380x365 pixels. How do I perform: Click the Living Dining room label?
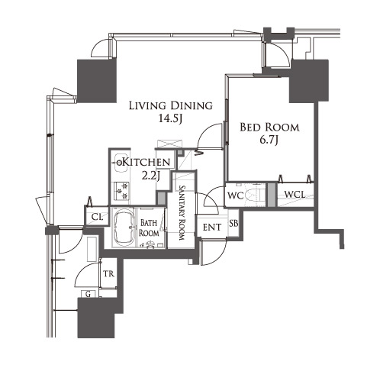tap(171, 105)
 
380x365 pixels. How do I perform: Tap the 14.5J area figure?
tap(170, 118)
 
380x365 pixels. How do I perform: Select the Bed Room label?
tap(269, 128)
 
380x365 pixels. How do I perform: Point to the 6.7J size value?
tap(269, 140)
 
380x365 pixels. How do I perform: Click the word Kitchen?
tap(147, 162)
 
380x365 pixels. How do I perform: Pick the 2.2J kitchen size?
tap(151, 176)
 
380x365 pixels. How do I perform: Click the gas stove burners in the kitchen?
tap(121, 191)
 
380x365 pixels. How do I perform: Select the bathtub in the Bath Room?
tap(124, 228)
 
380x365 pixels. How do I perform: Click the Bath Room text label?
tap(149, 228)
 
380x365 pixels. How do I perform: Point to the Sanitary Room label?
tap(182, 212)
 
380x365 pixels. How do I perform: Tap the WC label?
tap(236, 195)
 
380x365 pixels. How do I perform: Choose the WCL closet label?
tap(295, 195)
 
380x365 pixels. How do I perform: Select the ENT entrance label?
tap(212, 228)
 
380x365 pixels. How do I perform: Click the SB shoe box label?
tap(233, 223)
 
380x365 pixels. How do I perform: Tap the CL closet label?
tap(97, 217)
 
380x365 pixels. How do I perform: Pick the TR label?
tap(108, 274)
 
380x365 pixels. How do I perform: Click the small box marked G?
tap(89, 294)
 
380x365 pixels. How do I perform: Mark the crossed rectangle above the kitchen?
tap(169, 144)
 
